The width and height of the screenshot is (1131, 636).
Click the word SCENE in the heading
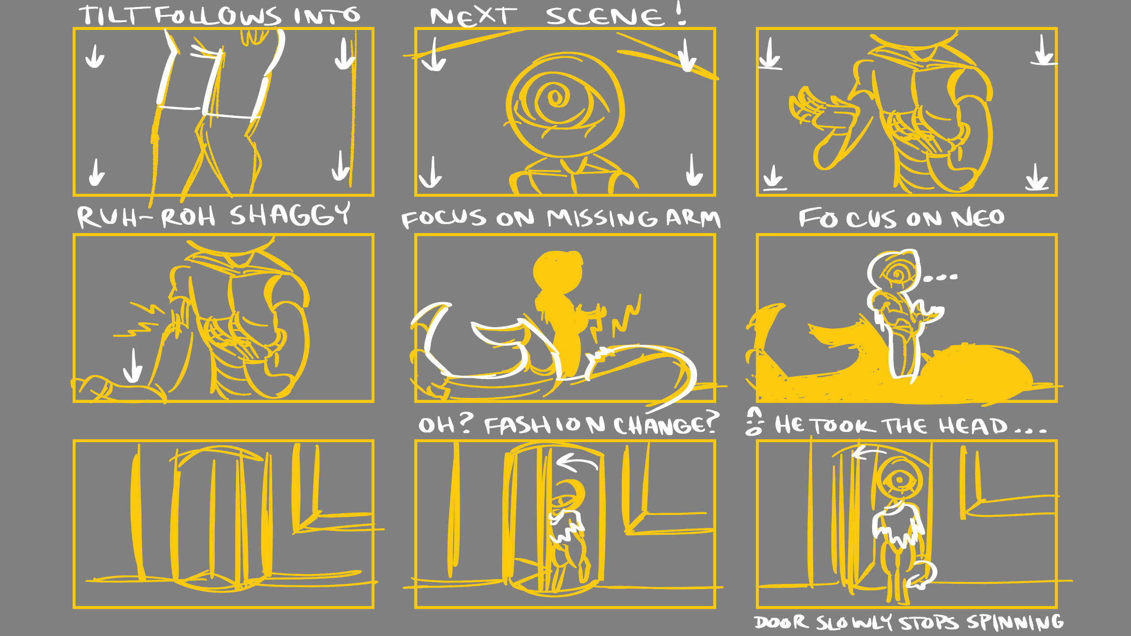605,17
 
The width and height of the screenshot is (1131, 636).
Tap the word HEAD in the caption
974,426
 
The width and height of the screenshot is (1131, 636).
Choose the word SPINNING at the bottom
1015,622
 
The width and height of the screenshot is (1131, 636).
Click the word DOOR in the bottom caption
781,622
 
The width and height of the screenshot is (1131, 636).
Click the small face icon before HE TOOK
754,421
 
